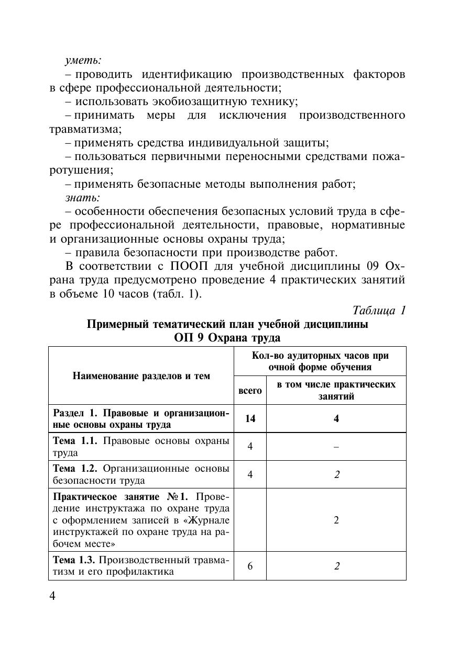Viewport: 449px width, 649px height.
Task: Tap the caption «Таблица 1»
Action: pos(379,310)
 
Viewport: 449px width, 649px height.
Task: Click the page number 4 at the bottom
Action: pos(52,597)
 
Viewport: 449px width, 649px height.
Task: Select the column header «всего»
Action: pos(250,391)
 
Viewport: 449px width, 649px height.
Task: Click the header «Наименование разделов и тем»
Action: pos(141,375)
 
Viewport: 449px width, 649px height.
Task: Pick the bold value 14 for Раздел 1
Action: pos(250,418)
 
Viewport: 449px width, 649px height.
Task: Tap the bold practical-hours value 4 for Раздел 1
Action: pos(336,418)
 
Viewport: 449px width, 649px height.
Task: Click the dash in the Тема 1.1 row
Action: pos(336,447)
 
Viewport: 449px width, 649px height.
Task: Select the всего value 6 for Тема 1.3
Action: pos(250,566)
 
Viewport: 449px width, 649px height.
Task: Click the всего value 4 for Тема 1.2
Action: pos(250,474)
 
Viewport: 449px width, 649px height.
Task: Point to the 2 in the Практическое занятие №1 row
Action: pos(336,520)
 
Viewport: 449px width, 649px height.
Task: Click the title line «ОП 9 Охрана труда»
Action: pos(227,337)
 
